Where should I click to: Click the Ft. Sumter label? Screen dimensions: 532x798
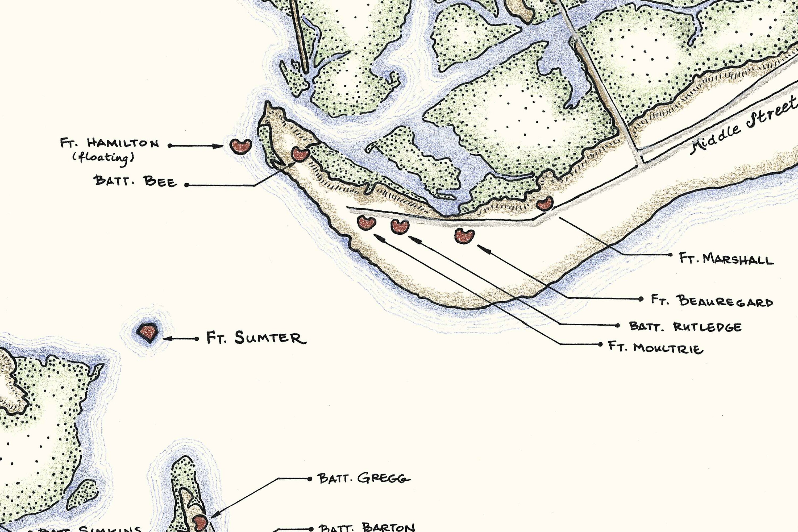click(x=256, y=338)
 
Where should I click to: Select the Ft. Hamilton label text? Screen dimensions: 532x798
click(x=109, y=143)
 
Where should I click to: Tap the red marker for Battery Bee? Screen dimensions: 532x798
click(x=300, y=154)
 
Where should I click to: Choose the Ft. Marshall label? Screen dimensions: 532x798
click(x=726, y=259)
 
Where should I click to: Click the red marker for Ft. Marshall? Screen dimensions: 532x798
click(x=545, y=203)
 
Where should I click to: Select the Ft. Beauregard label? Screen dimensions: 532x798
click(x=712, y=301)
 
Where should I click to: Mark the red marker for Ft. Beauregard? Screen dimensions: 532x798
click(x=464, y=235)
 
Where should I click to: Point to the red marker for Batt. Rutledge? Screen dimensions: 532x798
click(x=400, y=226)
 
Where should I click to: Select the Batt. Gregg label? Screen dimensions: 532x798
click(x=364, y=478)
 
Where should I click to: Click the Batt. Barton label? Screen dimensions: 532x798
click(x=367, y=527)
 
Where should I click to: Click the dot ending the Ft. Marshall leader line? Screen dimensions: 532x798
click(x=670, y=255)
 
